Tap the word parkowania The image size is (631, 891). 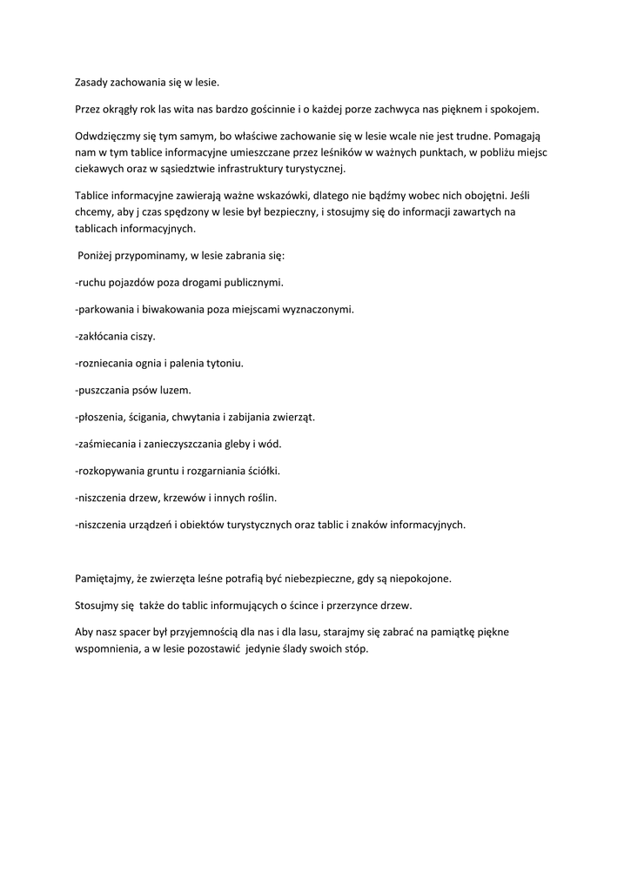pyautogui.click(x=108, y=309)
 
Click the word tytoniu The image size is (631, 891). pyautogui.click(x=222, y=363)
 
